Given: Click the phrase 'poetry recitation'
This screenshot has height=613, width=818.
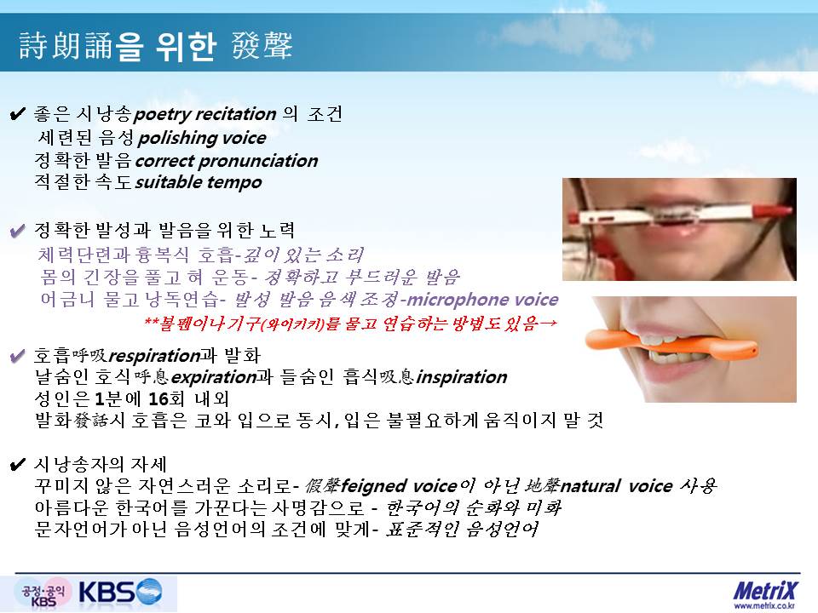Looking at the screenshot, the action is click(x=205, y=113).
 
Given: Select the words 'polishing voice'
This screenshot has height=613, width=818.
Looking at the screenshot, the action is click(x=202, y=138).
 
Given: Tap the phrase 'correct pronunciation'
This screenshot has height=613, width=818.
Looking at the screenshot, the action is click(x=227, y=161).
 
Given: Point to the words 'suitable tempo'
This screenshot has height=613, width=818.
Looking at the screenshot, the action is click(x=199, y=182).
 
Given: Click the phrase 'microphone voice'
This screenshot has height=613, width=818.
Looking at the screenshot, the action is click(x=482, y=300).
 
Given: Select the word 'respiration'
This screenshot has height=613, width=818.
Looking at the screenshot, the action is click(x=154, y=356).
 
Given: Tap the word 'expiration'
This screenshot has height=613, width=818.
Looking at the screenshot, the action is click(x=214, y=377).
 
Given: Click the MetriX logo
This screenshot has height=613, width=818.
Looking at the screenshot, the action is click(x=765, y=591).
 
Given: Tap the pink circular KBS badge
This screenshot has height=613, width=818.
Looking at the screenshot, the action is click(x=43, y=594).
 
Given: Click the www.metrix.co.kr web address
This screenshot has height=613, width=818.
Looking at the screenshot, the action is click(x=765, y=605).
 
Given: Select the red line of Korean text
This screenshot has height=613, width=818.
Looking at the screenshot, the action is click(x=350, y=324).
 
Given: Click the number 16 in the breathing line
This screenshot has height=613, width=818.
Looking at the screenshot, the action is click(x=159, y=398).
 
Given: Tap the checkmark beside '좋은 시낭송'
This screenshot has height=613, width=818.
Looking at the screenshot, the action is click(x=17, y=113).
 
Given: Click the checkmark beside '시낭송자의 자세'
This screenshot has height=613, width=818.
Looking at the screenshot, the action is click(x=17, y=464).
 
